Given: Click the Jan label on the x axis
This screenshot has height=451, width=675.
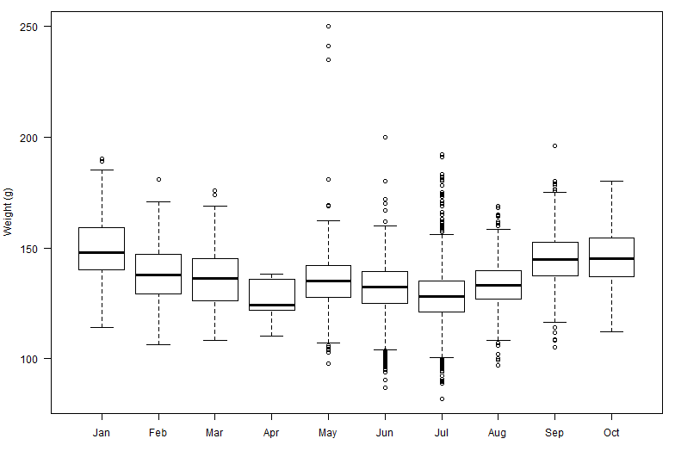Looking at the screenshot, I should [x=102, y=433].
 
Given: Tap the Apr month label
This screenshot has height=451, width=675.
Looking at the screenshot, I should [x=271, y=433].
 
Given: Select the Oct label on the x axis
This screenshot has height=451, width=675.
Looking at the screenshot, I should [x=611, y=433].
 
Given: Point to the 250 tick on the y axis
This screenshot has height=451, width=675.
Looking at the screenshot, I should [x=35, y=27].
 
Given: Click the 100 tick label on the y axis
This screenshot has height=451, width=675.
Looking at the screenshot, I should [x=35, y=358].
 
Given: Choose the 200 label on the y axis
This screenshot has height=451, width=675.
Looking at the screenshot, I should [x=35, y=138].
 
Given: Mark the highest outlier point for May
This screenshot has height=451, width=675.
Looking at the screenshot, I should [x=328, y=27].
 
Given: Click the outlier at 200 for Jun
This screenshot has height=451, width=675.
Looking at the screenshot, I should [x=385, y=137].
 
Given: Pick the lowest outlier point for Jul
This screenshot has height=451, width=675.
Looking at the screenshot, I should [x=442, y=398].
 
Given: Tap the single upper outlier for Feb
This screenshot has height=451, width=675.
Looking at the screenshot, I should [x=158, y=179].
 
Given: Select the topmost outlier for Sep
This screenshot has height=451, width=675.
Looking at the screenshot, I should [x=554, y=146].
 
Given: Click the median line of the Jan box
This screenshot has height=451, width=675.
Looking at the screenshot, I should [x=102, y=252].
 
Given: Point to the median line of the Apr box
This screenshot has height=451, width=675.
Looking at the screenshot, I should [x=271, y=305].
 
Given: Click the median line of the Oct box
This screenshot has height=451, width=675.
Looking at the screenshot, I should [x=611, y=258].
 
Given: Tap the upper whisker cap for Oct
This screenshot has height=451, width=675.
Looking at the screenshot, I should [x=611, y=182].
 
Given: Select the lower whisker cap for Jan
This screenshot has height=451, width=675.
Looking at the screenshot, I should [x=102, y=327].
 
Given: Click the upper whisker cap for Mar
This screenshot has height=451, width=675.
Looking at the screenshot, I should [x=214, y=206].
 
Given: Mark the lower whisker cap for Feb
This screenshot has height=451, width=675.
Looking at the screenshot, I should [x=158, y=344].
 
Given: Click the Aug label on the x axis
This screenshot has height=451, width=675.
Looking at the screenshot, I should [x=498, y=433].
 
